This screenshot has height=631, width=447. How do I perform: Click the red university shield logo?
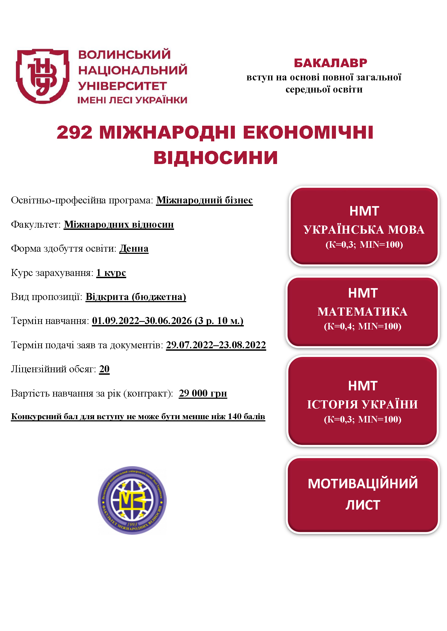(x=42, y=76)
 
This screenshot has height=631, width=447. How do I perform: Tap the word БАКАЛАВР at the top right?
(x=330, y=63)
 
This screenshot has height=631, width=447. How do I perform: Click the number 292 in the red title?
(x=74, y=132)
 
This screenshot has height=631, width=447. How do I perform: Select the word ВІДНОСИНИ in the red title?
(x=215, y=158)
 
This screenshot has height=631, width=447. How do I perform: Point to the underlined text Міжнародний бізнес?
(x=204, y=200)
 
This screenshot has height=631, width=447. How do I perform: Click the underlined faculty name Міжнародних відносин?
(x=119, y=224)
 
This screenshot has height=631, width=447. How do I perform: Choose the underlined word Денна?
(x=134, y=248)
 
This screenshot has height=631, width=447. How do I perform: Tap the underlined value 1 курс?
(x=111, y=273)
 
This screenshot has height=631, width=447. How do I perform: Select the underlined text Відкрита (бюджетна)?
(x=136, y=297)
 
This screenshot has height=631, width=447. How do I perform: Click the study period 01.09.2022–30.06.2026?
(x=142, y=321)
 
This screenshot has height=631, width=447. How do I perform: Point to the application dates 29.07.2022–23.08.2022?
(x=216, y=345)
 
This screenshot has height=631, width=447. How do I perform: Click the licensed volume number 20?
(x=104, y=369)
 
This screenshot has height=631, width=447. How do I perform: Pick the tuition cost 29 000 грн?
(x=203, y=393)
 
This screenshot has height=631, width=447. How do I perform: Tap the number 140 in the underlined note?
(x=234, y=417)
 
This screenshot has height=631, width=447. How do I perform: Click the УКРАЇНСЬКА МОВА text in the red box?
(x=364, y=230)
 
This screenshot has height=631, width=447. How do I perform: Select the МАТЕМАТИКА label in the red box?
(x=362, y=312)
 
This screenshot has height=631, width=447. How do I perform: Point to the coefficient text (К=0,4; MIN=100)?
(x=362, y=326)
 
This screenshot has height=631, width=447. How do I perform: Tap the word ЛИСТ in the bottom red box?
(x=363, y=505)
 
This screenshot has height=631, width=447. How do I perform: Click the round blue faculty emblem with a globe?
(x=132, y=500)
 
